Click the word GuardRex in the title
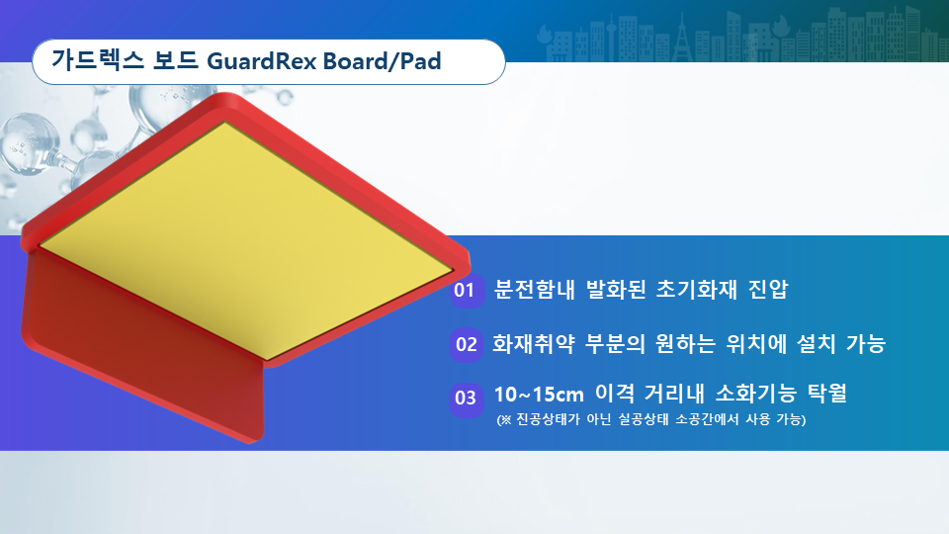point(261,61)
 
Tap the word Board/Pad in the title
point(382,61)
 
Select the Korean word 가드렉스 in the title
point(98,60)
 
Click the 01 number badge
point(465,291)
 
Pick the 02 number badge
point(466,345)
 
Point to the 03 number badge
point(466,399)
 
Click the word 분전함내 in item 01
point(534,290)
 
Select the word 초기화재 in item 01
point(697,290)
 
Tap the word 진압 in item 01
point(768,290)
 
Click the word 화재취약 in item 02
point(533,344)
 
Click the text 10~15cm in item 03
point(539,395)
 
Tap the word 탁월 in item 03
point(826,394)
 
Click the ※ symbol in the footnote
point(506,419)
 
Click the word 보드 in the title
point(176,60)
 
